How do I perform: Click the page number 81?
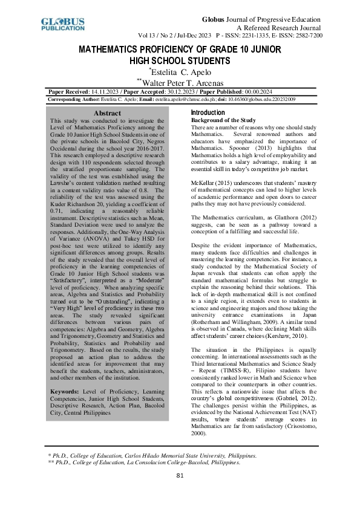180,493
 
